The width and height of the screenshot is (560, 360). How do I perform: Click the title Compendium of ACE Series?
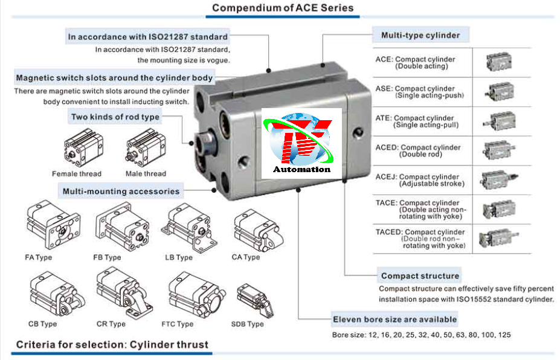283,8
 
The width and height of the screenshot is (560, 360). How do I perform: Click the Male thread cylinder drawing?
144,149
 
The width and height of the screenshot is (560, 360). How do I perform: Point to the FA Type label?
39,257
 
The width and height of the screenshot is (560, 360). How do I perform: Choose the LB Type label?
179,257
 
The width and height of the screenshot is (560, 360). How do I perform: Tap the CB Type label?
42,324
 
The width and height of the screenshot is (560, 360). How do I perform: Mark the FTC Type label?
178,324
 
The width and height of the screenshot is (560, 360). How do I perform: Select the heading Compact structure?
420,275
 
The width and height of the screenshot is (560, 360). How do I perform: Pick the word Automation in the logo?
301,169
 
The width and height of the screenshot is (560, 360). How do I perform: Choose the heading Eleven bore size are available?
394,319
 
